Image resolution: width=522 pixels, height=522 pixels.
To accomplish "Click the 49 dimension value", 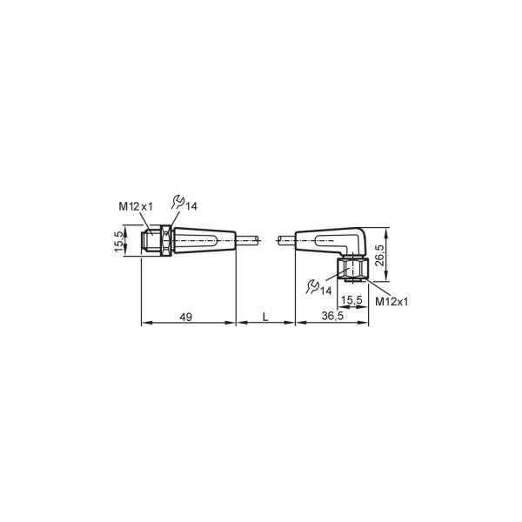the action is coord(186,317).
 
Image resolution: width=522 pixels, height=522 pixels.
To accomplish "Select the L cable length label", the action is coord(265,317).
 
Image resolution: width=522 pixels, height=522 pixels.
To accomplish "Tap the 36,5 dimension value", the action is coord(332,316).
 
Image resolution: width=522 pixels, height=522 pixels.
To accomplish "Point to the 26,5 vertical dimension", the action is coord(380,255).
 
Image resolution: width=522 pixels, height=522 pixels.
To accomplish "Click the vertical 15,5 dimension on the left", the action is coord(119,241).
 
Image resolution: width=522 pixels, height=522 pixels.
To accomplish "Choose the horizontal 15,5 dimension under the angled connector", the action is coord(351,300).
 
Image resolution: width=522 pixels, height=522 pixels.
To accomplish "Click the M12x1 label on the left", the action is coord(136,206).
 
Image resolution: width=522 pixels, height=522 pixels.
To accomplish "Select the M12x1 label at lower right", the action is coord(391,302).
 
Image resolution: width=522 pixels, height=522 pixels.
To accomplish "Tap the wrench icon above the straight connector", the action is coord(178,202).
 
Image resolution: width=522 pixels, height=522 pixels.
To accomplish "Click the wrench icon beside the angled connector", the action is coord(312,286).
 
